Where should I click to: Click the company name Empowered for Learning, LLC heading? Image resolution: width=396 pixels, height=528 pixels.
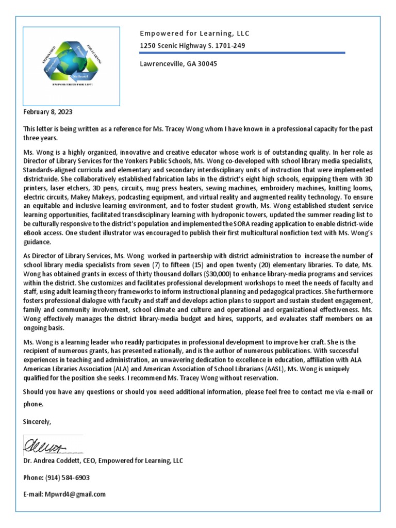click(194, 34)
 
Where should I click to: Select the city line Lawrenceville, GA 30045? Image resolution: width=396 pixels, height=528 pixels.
click(178, 64)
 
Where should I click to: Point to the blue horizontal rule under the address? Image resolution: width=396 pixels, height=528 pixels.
click(242, 53)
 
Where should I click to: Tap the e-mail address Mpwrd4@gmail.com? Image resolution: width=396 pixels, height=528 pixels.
click(75, 494)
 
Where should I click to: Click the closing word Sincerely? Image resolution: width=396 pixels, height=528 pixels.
click(37, 422)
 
